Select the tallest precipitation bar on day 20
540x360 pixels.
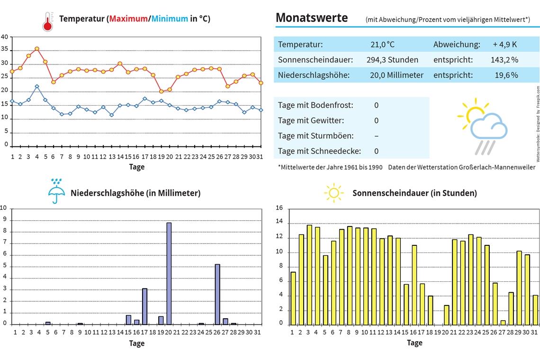169,273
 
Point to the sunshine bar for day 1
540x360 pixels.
293,298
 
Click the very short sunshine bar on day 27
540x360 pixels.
503,323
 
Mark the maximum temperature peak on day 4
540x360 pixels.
36,49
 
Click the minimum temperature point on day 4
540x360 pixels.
36,86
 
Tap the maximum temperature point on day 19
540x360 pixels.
161,91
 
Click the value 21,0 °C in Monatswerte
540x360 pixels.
382,45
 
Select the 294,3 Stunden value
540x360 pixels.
392,60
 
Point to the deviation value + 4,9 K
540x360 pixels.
504,45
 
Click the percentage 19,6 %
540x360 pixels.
506,75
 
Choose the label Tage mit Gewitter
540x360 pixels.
311,121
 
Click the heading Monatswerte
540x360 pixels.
311,18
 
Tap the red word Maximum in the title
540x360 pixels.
128,19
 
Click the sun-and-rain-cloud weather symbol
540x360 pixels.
482,126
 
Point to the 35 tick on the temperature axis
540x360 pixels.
5,49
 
